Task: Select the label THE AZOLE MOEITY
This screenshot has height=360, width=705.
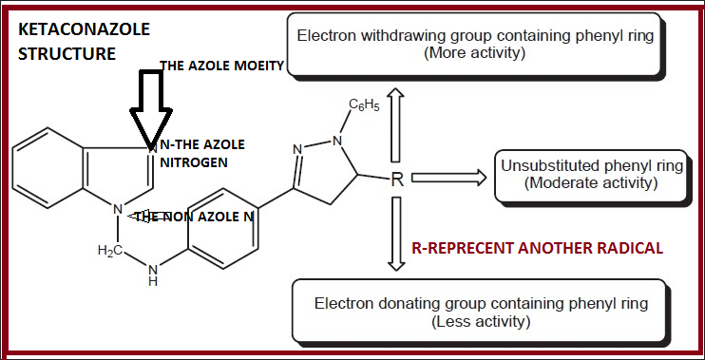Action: point(220,66)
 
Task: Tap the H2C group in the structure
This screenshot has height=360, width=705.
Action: point(113,250)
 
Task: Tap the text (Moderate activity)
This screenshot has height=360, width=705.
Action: point(591,181)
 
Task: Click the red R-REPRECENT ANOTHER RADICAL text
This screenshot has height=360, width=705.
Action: point(536,249)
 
